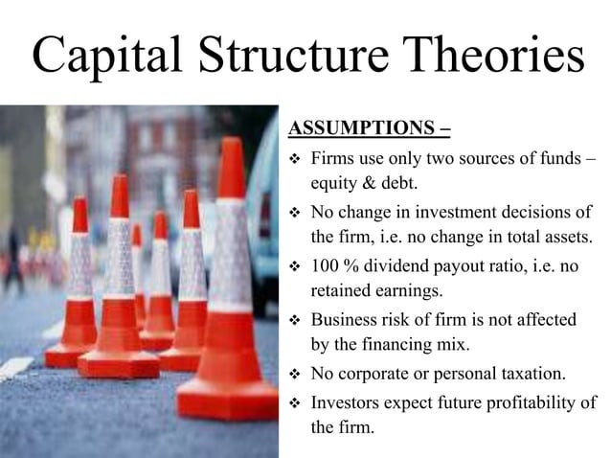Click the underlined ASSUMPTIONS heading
coord(370,128)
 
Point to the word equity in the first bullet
coord(332,181)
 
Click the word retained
coord(339,290)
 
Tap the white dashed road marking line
coord(17,367)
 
